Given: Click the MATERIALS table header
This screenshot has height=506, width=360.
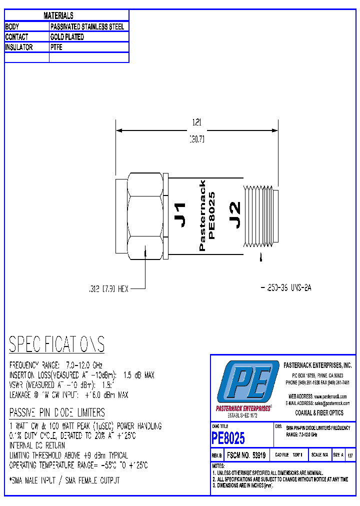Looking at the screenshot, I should (x=58, y=16).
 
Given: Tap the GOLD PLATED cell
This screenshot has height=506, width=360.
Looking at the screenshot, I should (x=67, y=37).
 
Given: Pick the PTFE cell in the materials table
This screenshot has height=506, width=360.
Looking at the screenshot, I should (x=56, y=47).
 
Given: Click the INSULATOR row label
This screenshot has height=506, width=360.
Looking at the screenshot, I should (x=19, y=47).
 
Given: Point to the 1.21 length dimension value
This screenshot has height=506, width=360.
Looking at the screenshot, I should (x=197, y=121).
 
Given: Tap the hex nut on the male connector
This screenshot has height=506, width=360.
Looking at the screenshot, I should (x=145, y=216).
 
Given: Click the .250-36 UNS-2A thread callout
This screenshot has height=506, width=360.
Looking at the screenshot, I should (x=286, y=288).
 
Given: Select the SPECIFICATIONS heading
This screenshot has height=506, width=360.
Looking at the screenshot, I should (x=57, y=344).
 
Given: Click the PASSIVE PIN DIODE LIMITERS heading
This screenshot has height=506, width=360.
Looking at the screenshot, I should (x=57, y=412).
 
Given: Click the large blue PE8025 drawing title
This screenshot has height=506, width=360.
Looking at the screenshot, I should (x=228, y=438).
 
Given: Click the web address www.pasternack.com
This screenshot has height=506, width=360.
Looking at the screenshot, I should (x=330, y=396).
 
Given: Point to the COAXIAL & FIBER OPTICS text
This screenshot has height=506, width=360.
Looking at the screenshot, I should (x=319, y=413).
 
